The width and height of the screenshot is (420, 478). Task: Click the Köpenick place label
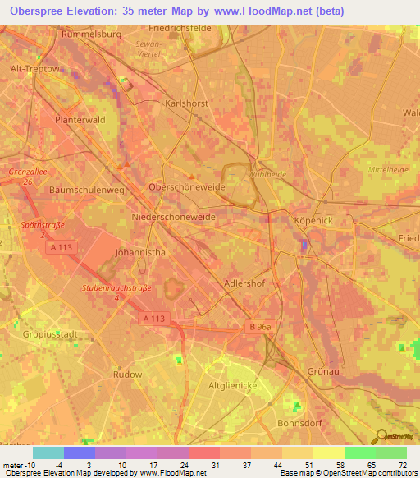[312, 221]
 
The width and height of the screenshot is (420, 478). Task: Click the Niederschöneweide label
[173, 217]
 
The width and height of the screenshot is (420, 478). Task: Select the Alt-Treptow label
[34, 69]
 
